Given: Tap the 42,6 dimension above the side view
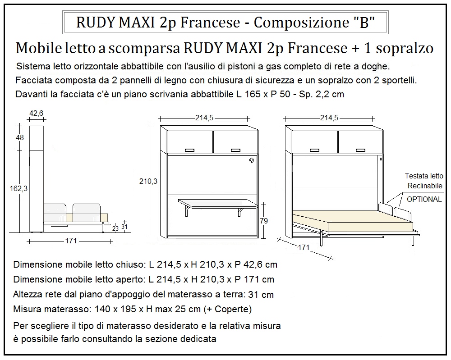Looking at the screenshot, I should coord(36,114).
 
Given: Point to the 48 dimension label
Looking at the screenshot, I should coord(20,137).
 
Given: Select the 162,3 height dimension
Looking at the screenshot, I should coord(19,189).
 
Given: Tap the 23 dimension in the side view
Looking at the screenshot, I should coord(115,228).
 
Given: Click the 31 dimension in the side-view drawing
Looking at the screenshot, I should coord(125,227).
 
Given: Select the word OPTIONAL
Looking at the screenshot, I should coord(424,199).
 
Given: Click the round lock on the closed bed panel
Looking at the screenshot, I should coord(251,159).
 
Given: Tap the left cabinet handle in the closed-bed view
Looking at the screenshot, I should coord(190,150).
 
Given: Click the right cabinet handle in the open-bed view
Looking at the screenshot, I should coord(359,150).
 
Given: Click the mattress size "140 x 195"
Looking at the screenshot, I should coord(115,310).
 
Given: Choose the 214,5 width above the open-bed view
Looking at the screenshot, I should coord(329,118).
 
